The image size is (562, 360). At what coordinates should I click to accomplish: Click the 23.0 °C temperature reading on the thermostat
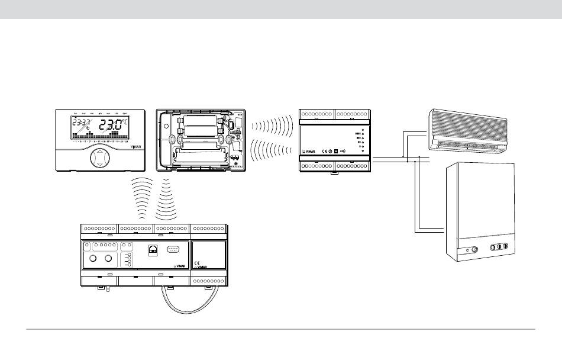point(112,126)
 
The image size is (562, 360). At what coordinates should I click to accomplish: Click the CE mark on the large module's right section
point(198,263)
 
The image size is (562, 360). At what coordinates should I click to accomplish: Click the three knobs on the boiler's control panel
point(498,247)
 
